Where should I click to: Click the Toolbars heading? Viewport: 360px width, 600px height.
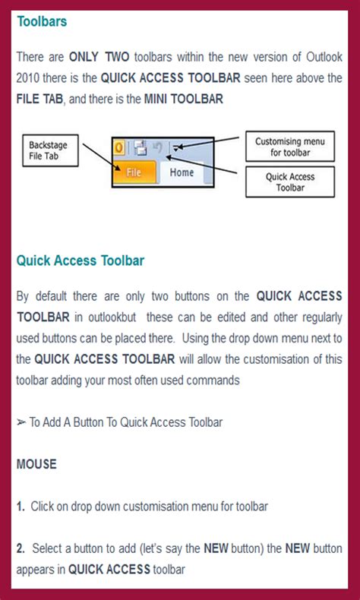tap(42, 21)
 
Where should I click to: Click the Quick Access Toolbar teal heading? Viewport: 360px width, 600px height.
tap(81, 261)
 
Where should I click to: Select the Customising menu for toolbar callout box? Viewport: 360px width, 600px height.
tap(289, 147)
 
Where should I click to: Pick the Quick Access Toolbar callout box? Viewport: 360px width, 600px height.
tap(290, 182)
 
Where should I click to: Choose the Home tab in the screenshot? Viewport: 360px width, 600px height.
tap(182, 172)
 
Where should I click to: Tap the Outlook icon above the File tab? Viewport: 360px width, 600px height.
tap(119, 147)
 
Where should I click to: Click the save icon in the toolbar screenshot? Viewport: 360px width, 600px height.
tap(141, 147)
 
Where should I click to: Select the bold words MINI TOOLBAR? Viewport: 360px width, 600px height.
tap(183, 99)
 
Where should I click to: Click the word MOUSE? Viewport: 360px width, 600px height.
tap(36, 463)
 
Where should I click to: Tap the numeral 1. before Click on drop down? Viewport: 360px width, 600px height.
tap(21, 506)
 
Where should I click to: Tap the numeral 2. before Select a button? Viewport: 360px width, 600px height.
tap(21, 548)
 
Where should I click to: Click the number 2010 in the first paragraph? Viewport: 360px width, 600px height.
tap(30, 78)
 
